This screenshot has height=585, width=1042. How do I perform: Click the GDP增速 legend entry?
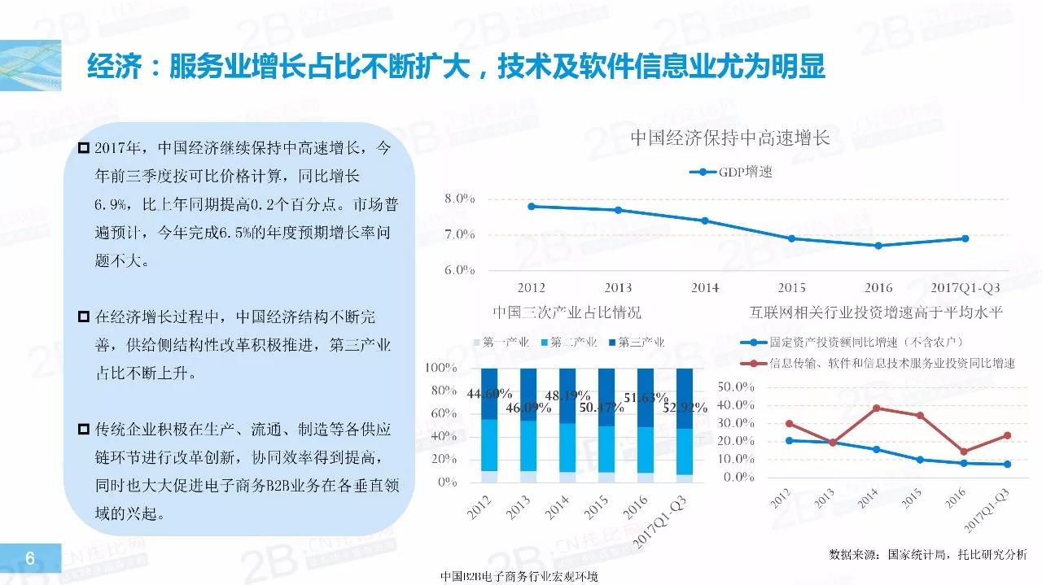tap(737, 172)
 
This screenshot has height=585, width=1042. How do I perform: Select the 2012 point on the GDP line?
tap(532, 206)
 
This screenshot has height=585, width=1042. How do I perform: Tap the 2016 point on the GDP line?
tap(878, 245)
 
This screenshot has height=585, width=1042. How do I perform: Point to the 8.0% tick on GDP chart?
tap(459, 199)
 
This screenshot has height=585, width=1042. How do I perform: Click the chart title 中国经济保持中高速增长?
tap(730, 138)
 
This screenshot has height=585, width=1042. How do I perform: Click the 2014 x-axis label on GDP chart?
tap(705, 287)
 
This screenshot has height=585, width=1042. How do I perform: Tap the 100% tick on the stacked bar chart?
tap(443, 369)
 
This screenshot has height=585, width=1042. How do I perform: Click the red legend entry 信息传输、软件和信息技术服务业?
tap(891, 363)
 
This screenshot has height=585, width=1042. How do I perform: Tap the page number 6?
tap(29, 558)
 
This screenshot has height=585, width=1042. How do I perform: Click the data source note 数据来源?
tap(927, 554)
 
